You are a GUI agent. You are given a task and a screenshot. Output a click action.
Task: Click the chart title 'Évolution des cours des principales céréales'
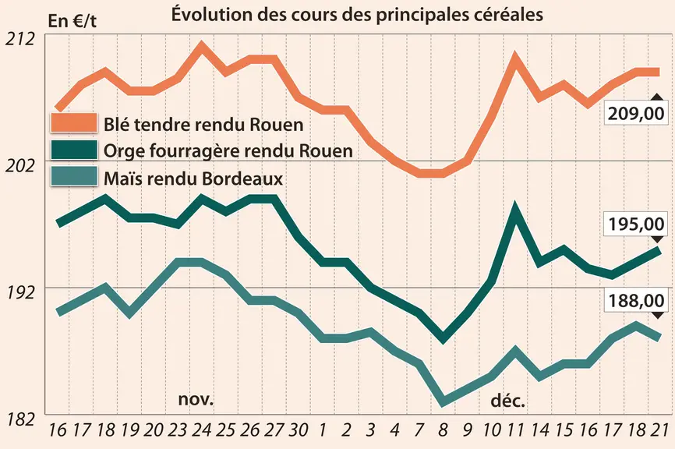point(357,14)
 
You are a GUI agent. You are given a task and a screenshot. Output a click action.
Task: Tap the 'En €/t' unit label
point(72,21)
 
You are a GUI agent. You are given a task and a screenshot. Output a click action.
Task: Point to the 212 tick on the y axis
point(19,39)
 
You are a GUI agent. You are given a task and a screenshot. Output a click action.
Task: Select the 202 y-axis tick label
point(19,166)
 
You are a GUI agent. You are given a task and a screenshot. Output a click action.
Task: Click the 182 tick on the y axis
point(20,419)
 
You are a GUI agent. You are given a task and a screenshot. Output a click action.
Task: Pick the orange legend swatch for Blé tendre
point(74,122)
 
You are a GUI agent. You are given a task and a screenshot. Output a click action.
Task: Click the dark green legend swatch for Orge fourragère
point(74,150)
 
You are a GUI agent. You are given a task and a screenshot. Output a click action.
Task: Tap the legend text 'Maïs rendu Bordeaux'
point(193,179)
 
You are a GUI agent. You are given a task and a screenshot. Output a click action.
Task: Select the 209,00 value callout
point(636,113)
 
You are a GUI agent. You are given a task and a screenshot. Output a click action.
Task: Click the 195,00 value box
point(636,224)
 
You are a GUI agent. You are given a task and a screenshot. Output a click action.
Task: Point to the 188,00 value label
point(636,300)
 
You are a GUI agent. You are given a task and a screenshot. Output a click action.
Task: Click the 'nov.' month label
point(196,399)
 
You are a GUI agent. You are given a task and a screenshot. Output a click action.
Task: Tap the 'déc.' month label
point(508,401)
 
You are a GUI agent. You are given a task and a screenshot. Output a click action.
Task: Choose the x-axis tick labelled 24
point(201,430)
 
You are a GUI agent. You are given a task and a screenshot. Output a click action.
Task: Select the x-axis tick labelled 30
point(298,430)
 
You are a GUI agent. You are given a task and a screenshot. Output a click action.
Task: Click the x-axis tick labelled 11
point(514,430)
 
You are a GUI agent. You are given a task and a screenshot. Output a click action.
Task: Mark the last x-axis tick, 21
point(659,430)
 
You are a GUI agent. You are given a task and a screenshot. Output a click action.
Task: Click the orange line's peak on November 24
point(201,44)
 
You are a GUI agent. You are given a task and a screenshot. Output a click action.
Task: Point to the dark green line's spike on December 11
point(514,208)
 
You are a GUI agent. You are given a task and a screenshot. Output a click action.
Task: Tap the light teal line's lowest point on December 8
point(443,402)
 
